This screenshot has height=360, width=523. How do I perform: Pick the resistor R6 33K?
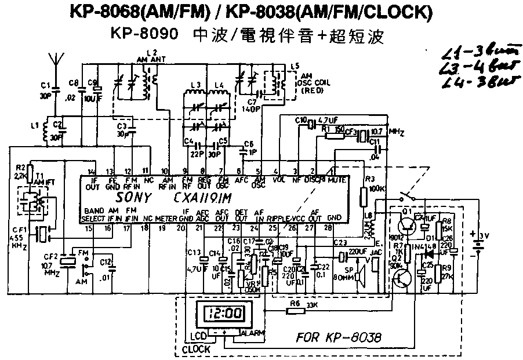point(297,310)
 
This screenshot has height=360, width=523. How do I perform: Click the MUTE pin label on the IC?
point(337,180)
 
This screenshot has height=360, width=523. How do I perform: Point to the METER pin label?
point(165,219)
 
